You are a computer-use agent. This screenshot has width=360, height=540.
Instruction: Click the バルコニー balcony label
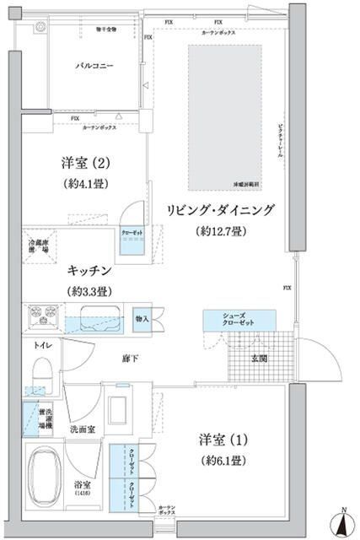(94, 65)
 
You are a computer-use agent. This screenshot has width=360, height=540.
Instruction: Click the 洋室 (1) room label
(223, 440)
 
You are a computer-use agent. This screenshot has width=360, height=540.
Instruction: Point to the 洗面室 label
(82, 428)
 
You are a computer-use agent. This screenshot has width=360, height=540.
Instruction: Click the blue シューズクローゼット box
(239, 320)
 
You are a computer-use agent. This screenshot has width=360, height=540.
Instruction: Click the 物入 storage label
(141, 319)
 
